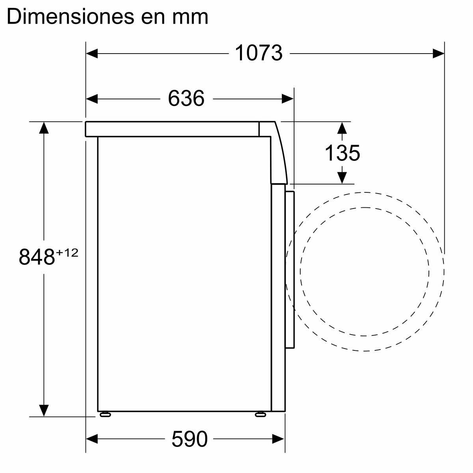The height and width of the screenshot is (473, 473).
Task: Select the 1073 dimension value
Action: coord(259,53)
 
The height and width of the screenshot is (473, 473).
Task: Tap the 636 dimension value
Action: coord(186,98)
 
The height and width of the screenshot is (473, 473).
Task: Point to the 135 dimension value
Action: coord(342,153)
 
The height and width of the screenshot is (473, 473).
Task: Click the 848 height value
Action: coord(37,257)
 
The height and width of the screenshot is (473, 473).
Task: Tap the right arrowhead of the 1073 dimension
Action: coord(438,53)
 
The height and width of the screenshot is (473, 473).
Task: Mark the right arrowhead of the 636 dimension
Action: coord(288,98)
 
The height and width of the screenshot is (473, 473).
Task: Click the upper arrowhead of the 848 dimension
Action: coord(44,128)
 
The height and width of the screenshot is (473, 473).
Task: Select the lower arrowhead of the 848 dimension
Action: coord(44,410)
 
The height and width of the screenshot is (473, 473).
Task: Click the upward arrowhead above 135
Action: coord(342,128)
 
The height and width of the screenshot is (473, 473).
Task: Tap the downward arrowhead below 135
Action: coord(342,178)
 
